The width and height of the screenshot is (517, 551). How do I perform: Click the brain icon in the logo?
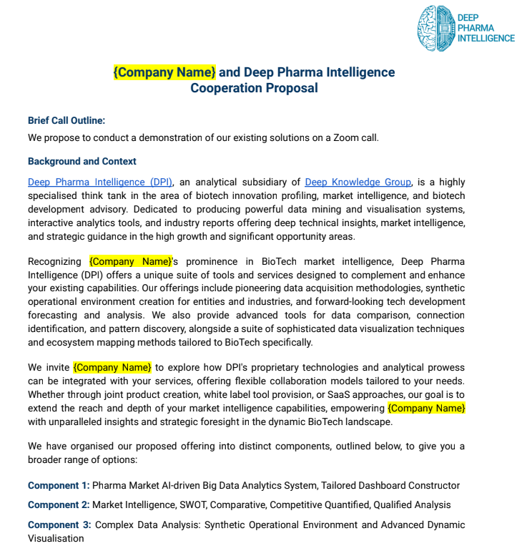click(x=435, y=28)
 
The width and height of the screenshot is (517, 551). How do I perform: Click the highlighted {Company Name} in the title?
click(x=164, y=72)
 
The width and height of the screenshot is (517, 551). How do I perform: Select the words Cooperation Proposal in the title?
click(x=254, y=88)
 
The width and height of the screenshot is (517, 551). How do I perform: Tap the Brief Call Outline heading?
click(x=67, y=120)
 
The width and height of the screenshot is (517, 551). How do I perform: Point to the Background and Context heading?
click(x=82, y=161)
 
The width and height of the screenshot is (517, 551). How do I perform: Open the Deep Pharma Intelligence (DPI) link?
click(x=100, y=182)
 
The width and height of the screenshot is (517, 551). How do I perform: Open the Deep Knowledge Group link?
click(x=358, y=182)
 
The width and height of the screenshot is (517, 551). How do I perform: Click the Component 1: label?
click(x=59, y=485)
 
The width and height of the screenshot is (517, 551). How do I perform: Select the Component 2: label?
click(x=59, y=504)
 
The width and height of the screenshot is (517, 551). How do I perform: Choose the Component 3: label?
click(x=59, y=525)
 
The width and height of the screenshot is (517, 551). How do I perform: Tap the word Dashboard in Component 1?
click(x=380, y=485)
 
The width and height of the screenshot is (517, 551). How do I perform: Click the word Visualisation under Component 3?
click(x=56, y=538)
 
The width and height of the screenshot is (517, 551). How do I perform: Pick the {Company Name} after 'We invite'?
click(x=112, y=367)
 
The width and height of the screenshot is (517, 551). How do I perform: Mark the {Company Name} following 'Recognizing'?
click(x=131, y=261)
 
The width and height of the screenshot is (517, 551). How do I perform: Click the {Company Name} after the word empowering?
click(x=426, y=408)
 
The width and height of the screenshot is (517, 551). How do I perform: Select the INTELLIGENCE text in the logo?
click(x=486, y=38)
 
